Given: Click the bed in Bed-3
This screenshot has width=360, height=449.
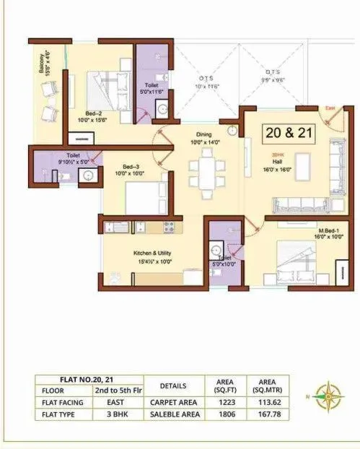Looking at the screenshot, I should pyautogui.click(x=146, y=196).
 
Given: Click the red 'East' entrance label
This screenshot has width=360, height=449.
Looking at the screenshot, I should pyautogui.click(x=330, y=108).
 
